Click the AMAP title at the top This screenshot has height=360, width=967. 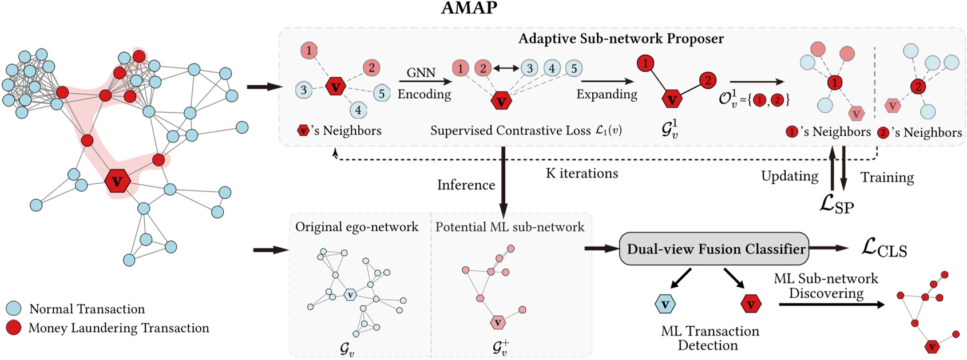[469, 8]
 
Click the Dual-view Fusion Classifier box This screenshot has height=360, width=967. [714, 248]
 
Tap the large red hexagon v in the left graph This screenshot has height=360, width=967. [117, 181]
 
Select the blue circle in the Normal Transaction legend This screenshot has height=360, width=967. [14, 308]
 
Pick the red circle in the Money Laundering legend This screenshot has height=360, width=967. [14, 327]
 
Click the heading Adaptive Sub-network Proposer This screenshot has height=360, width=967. [621, 38]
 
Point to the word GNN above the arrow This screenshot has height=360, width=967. [421, 73]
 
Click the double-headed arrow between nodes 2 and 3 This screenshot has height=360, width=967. [506, 68]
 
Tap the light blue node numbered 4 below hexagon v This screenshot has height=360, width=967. [358, 110]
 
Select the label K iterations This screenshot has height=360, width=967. [582, 173]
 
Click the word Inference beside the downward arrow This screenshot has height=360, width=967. [466, 185]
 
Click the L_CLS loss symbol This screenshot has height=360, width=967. [884, 248]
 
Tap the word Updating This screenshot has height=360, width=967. [790, 176]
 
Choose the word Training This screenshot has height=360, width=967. [887, 177]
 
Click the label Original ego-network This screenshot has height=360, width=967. [356, 227]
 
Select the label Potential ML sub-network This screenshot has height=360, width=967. [509, 227]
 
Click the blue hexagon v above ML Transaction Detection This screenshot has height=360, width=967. [665, 304]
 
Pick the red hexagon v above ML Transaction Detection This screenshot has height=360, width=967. [751, 304]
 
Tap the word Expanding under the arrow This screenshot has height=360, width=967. [607, 94]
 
